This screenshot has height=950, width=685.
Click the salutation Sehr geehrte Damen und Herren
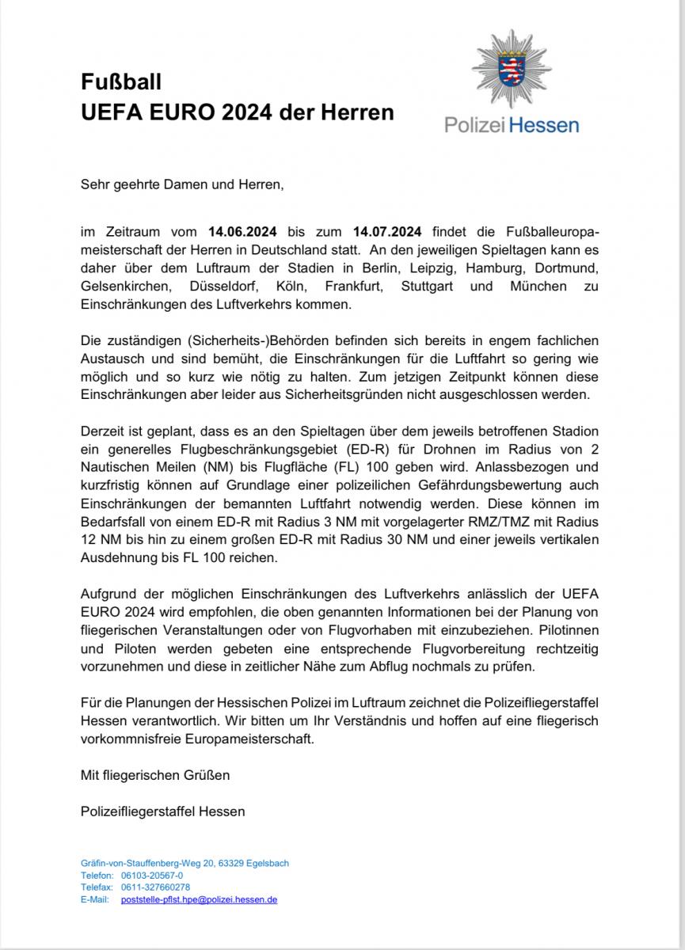pyautogui.click(x=181, y=185)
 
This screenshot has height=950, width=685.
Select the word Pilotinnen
pyautogui.click(x=563, y=632)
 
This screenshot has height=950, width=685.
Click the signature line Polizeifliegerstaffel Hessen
pyautogui.click(x=162, y=811)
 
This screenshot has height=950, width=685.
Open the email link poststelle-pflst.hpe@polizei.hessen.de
pyautogui.click(x=199, y=900)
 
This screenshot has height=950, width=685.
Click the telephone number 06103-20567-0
pyautogui.click(x=152, y=876)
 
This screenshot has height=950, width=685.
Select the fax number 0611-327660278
pyautogui.click(x=155, y=887)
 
